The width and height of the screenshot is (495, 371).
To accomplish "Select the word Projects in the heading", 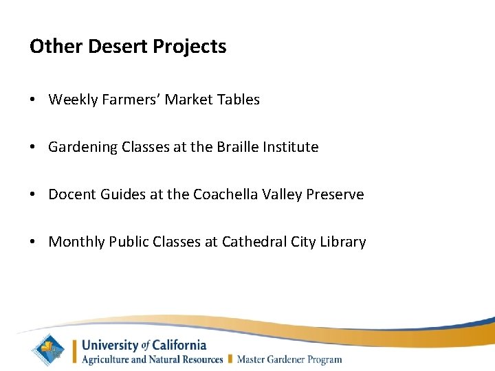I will point(189,47).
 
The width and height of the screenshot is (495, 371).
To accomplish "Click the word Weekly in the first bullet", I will point(74,100).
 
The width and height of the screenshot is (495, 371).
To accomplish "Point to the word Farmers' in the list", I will point(129,100).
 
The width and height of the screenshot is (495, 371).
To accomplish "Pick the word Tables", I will point(237,100).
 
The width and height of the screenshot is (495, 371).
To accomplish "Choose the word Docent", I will point(71,194).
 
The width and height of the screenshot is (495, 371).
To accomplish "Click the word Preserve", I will point(334,194).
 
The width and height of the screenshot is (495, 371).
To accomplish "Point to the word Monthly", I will point(76,242).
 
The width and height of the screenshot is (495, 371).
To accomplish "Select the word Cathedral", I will point(253,242).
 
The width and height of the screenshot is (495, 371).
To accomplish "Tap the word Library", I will point(343,242).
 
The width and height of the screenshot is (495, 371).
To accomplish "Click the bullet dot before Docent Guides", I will point(33,195).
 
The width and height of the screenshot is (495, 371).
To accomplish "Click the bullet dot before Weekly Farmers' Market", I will point(33,100).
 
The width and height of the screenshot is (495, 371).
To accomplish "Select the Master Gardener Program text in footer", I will point(289,359).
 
